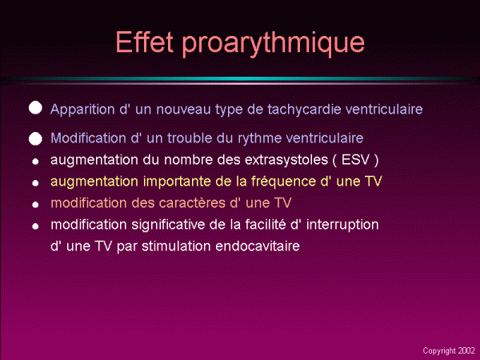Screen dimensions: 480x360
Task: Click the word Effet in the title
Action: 145,42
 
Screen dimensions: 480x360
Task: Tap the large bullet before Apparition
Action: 35,108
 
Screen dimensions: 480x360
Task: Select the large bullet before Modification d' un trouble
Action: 35,138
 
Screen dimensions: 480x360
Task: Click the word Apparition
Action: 82,110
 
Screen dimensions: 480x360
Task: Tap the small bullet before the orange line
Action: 35,205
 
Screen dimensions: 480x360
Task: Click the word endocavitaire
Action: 258,246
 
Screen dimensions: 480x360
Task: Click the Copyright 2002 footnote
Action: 449,351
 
